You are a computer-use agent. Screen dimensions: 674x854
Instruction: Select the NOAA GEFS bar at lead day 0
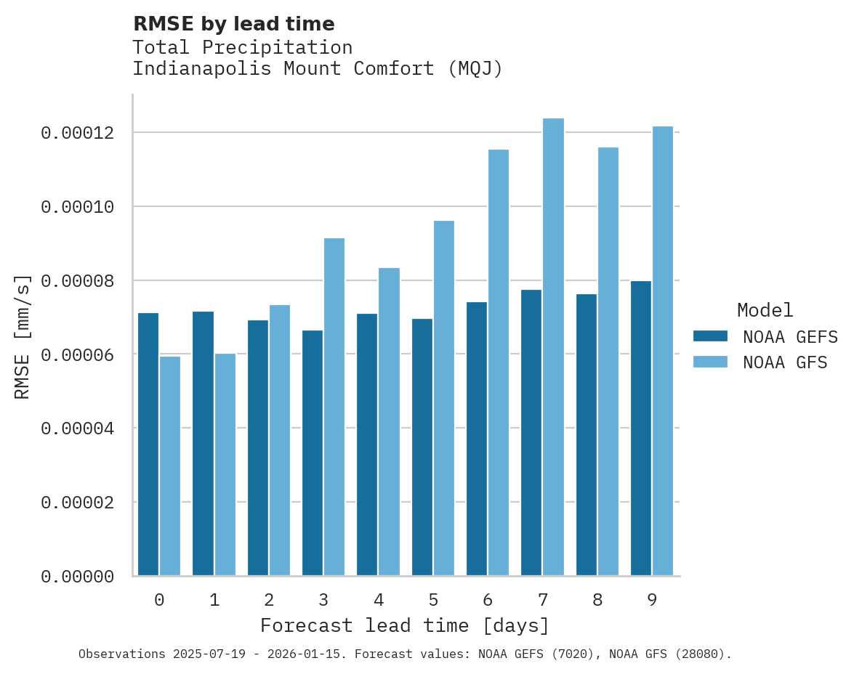[x=148, y=444]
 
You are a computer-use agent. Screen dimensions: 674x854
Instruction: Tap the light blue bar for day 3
[x=334, y=407]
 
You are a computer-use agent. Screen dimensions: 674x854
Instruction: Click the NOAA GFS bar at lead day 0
[x=170, y=466]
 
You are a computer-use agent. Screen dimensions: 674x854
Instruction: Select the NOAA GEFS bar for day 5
[x=422, y=447]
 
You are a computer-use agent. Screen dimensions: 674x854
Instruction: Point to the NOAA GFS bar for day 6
[x=499, y=362]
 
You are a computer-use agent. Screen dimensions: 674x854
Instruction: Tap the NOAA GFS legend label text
[x=785, y=362]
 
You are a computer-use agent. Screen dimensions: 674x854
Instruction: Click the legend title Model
[x=765, y=310]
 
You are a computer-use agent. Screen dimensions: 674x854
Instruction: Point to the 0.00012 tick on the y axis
[x=77, y=133]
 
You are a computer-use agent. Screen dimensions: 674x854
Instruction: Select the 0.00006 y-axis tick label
[x=77, y=354]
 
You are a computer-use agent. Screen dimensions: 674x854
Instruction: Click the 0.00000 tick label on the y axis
[x=77, y=577]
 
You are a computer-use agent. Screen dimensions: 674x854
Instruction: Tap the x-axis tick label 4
[x=379, y=600]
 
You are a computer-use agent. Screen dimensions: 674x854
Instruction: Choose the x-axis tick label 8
[x=597, y=600]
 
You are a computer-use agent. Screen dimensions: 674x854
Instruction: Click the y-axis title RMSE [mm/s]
[x=23, y=337]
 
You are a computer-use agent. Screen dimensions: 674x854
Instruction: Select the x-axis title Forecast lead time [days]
[x=405, y=625]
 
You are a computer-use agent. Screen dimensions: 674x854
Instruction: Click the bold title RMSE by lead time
[x=233, y=24]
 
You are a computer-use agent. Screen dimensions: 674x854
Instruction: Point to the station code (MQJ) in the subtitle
[x=475, y=69]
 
